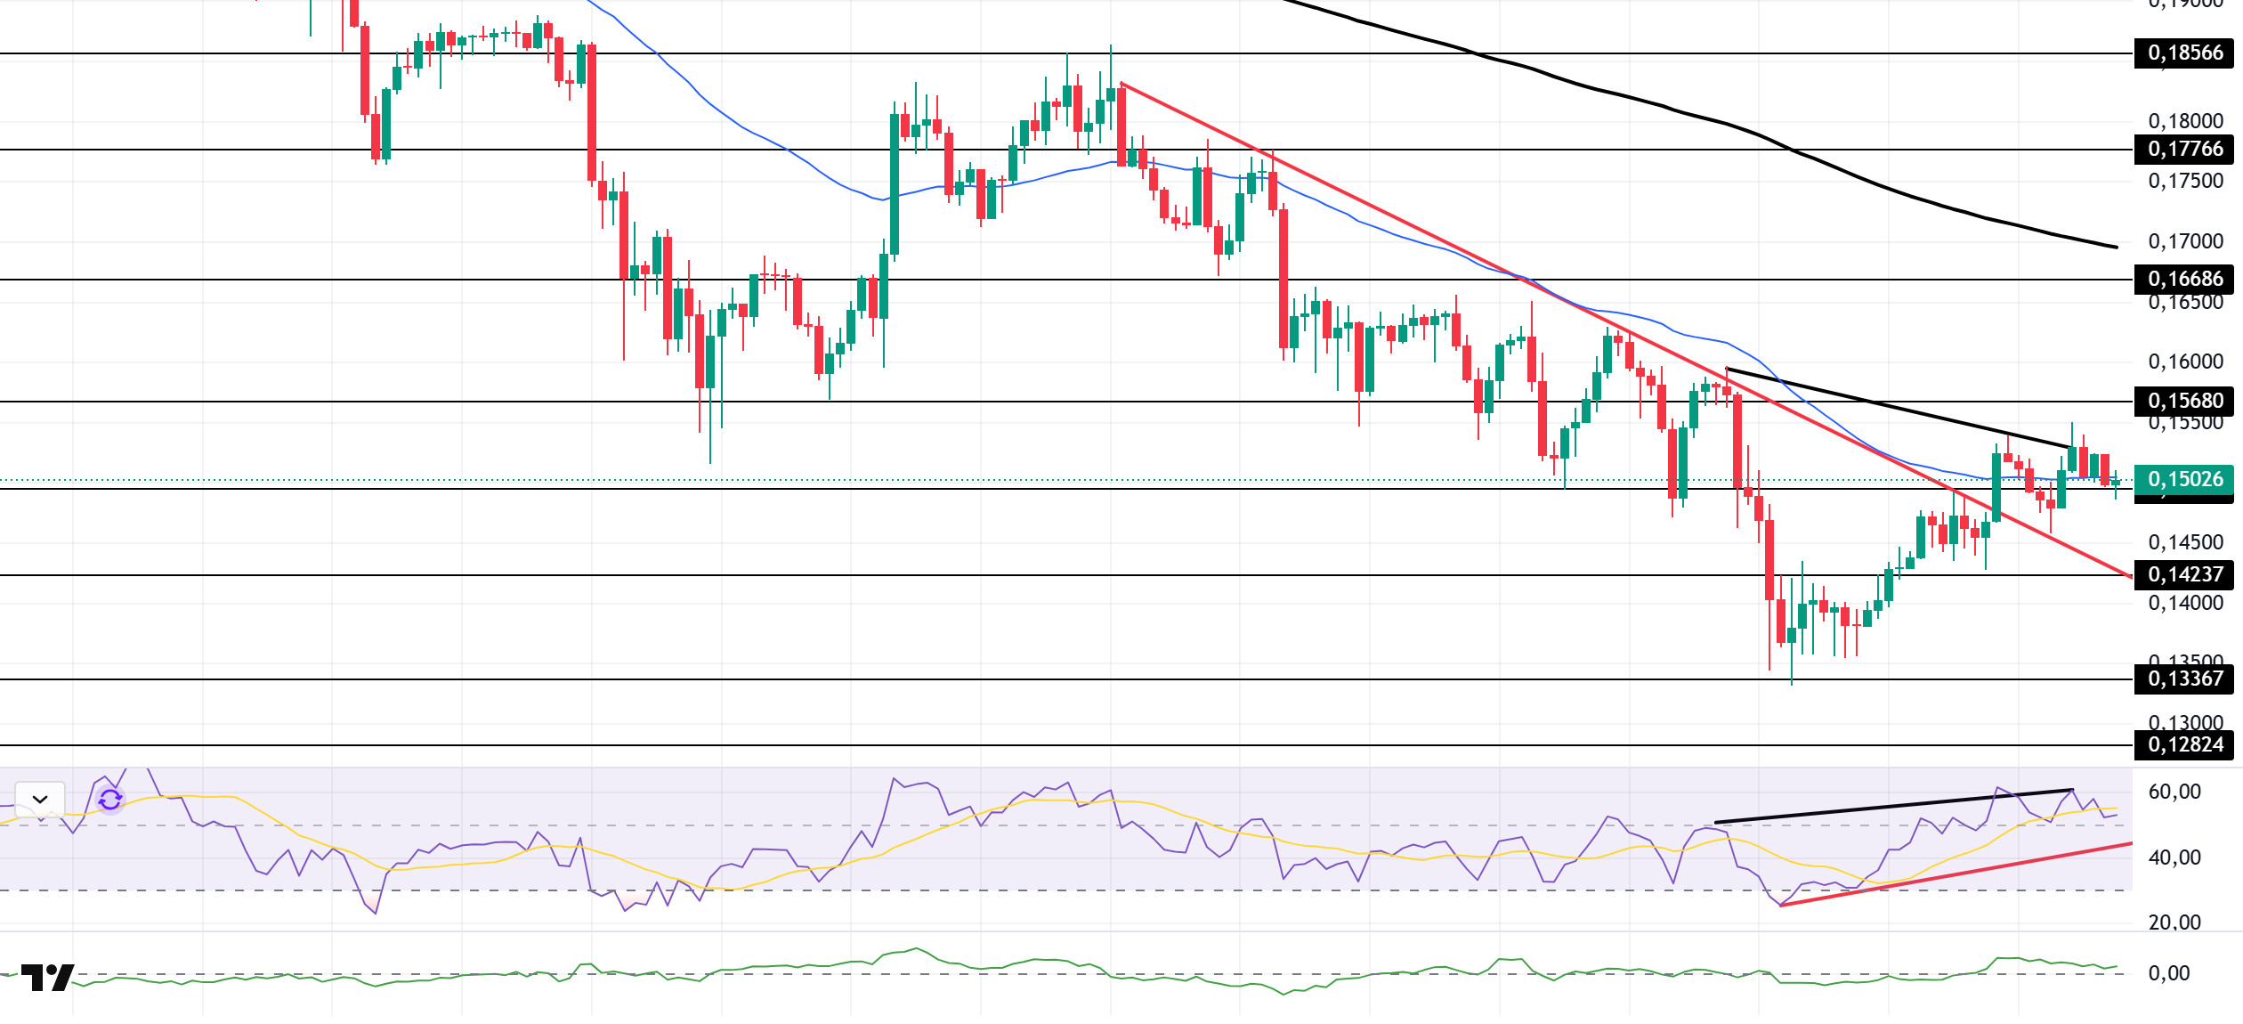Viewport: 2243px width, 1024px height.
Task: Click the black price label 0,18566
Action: click(2185, 53)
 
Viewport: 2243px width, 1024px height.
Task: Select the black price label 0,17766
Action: click(2185, 150)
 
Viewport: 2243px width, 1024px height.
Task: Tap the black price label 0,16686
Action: click(2185, 280)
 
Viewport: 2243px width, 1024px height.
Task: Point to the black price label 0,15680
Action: click(2185, 402)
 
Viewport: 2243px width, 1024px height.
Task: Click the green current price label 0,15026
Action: click(2185, 480)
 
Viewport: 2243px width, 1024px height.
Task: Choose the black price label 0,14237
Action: click(2185, 575)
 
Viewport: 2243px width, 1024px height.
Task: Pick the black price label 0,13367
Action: click(2185, 679)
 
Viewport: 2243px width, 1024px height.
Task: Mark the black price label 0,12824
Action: click(2185, 745)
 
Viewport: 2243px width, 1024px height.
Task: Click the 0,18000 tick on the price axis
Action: click(2185, 121)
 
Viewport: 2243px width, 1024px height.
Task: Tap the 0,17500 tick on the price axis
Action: click(2185, 182)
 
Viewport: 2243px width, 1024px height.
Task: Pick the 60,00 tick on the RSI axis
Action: click(2174, 792)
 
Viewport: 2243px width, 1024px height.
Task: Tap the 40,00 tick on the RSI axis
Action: click(2174, 858)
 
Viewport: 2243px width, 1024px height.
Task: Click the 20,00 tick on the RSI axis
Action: click(2174, 923)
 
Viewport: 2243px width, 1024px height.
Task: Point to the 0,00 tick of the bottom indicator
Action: click(2169, 974)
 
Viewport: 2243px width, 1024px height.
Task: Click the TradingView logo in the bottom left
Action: click(47, 978)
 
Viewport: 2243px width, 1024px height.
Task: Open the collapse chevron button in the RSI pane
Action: click(40, 800)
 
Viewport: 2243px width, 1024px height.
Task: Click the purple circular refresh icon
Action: click(110, 801)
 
